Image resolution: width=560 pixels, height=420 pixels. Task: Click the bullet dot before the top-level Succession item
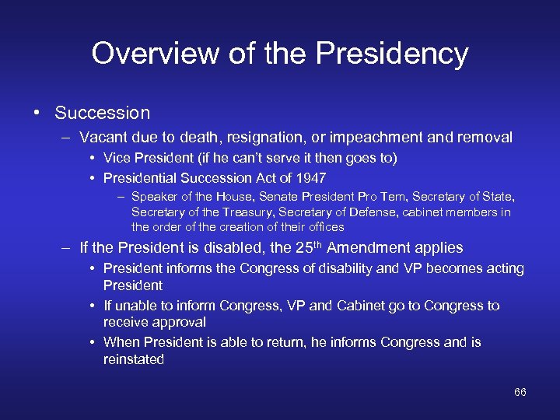[37, 113]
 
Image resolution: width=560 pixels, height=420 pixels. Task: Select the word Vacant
[105, 138]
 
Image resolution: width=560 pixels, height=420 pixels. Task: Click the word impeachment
[374, 138]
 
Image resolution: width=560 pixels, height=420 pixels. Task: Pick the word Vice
[118, 159]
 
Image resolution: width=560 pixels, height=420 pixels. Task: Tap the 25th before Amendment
[306, 247]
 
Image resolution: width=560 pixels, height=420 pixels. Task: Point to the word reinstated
[134, 359]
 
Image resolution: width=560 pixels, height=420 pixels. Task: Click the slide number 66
[520, 392]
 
